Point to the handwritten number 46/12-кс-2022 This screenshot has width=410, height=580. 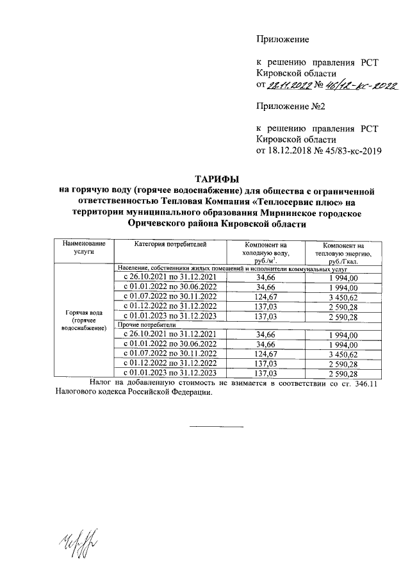[x=360, y=84]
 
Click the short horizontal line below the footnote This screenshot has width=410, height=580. [x=216, y=426]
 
